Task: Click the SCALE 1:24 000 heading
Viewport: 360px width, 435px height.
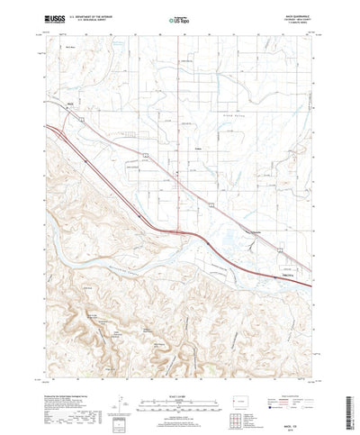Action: (x=180, y=370)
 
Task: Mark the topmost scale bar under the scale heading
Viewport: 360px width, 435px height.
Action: (x=180, y=376)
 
